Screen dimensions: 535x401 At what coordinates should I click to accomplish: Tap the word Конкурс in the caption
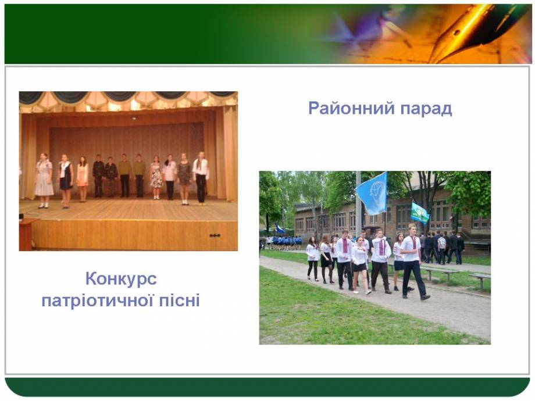121,280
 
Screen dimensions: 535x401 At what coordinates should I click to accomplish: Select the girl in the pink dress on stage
83,179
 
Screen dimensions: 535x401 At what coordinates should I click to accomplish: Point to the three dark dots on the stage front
215,235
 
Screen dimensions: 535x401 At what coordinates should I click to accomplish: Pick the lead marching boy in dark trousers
413,261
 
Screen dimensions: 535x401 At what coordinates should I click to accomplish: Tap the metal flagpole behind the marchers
358,204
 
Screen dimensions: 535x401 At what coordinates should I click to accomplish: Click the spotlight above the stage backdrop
134,118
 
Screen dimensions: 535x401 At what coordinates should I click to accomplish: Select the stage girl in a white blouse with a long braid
201,178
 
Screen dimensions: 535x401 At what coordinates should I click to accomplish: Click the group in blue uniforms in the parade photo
284,243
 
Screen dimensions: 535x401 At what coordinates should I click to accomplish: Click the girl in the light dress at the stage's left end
44,180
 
